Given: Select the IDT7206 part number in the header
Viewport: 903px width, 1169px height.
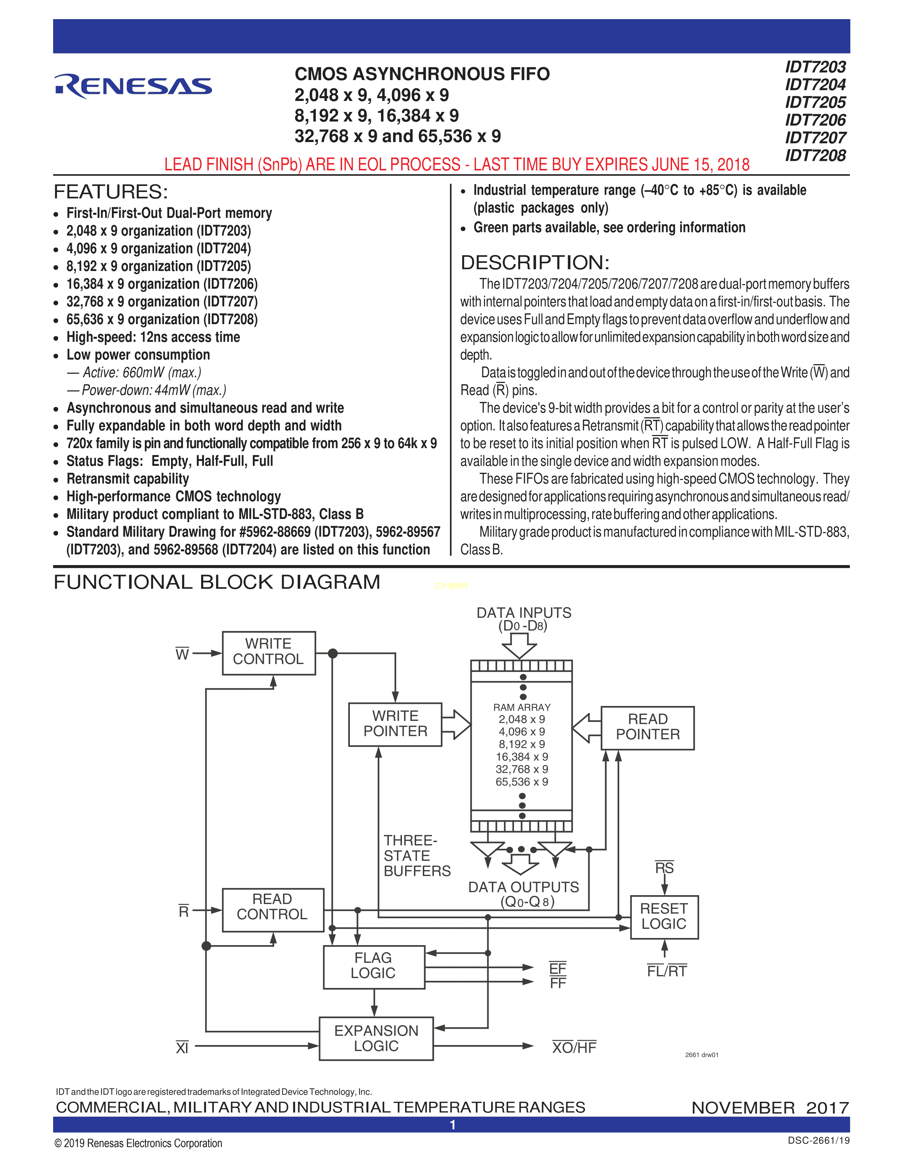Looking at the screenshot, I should [815, 120].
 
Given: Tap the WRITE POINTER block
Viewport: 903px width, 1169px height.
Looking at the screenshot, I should [395, 724].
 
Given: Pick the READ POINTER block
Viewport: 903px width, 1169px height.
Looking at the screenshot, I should [647, 727].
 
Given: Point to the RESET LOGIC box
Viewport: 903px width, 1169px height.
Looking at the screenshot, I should [664, 917].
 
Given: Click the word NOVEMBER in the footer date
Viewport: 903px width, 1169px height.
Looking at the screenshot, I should [743, 1107].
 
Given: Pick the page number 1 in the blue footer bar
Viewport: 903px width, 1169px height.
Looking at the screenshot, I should [453, 1125].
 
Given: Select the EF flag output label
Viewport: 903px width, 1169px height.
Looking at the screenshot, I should [557, 968].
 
